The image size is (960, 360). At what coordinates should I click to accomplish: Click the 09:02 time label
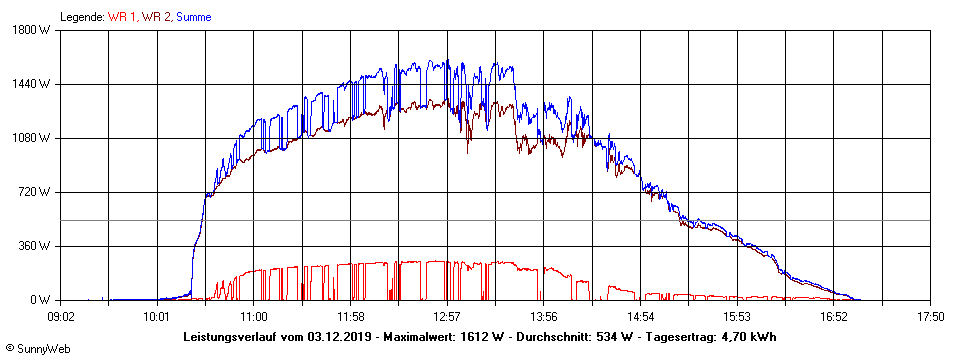pos(61,317)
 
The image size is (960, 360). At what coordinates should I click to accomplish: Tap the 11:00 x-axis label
pos(254,317)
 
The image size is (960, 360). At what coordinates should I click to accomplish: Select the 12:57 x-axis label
pos(447,317)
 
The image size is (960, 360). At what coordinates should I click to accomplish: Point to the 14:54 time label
pos(640,317)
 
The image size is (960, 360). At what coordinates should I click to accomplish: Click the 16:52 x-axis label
pos(834,317)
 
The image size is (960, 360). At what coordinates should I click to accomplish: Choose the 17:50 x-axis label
pos(930,317)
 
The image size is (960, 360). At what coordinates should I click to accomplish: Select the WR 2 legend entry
pos(156,17)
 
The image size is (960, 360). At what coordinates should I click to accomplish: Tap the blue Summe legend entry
pos(193,17)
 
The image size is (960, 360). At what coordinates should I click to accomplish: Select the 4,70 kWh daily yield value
pos(749,336)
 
